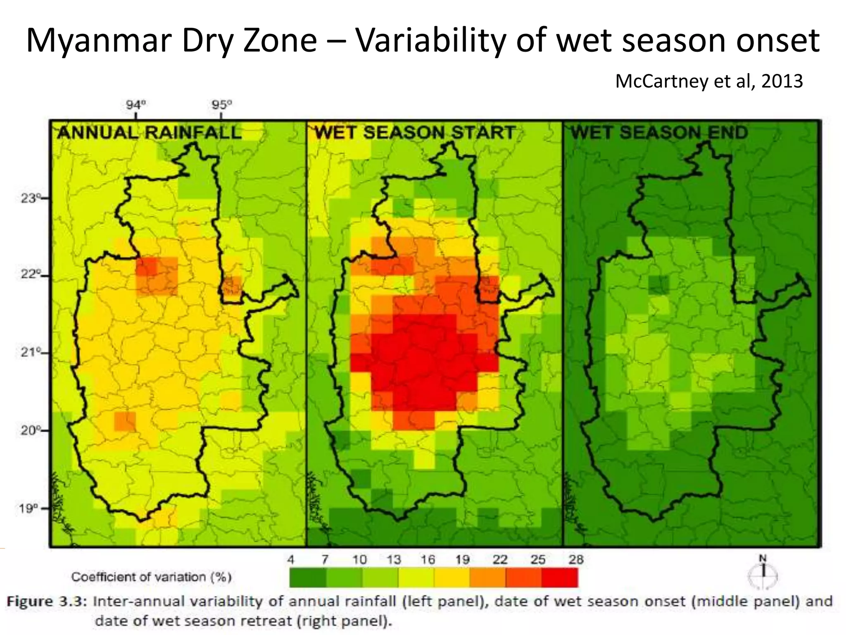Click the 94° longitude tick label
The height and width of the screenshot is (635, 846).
[136, 105]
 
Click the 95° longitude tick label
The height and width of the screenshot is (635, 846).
[222, 105]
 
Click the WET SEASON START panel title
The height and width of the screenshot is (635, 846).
[415, 133]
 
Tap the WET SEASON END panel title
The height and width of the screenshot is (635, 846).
[659, 133]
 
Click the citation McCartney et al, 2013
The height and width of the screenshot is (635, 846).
[709, 81]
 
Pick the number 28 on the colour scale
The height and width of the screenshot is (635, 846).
[576, 560]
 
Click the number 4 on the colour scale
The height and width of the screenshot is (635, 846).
[291, 560]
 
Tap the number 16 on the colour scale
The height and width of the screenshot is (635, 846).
[428, 560]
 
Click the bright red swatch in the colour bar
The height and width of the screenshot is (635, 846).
[560, 578]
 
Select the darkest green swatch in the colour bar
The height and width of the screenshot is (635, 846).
[308, 578]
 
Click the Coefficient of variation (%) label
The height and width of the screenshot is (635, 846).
[151, 577]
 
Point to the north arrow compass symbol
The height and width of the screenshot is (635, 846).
[763, 574]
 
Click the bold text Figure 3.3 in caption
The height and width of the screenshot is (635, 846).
[46, 602]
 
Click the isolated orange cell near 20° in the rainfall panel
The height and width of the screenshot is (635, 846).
[125, 421]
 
